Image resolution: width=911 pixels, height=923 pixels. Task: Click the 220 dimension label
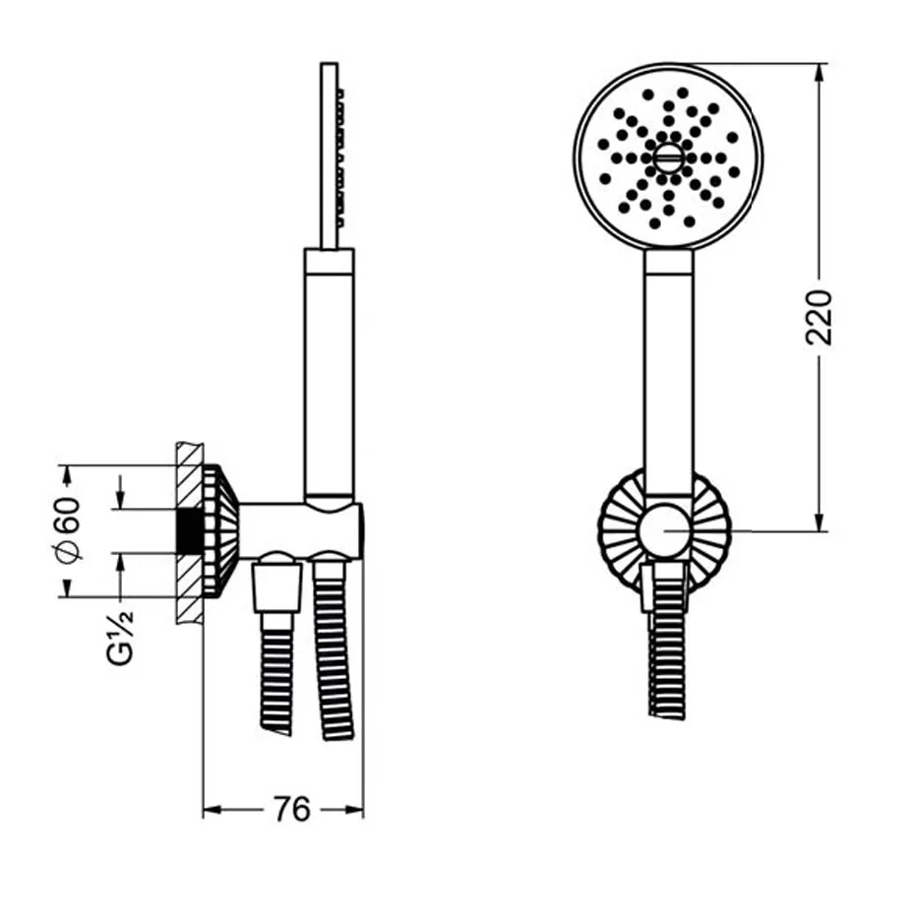point(819,317)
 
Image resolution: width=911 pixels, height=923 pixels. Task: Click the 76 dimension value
point(291,809)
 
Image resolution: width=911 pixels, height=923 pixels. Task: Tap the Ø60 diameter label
point(68,529)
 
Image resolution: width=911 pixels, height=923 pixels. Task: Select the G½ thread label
point(121,637)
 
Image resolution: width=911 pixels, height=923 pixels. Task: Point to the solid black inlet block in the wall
point(189,530)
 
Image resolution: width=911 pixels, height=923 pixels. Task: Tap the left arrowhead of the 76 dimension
point(212,810)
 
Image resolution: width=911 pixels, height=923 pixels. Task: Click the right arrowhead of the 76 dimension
point(354,810)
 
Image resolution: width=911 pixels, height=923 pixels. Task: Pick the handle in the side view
point(330,377)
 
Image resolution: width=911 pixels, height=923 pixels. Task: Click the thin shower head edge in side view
point(330,155)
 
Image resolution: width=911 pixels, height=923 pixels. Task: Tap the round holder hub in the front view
point(666,529)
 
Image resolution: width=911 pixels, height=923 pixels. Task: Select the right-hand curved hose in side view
point(335,646)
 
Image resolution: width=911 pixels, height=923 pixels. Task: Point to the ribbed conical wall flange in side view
point(220,531)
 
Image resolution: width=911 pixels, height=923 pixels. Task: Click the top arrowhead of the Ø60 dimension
point(67,475)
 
